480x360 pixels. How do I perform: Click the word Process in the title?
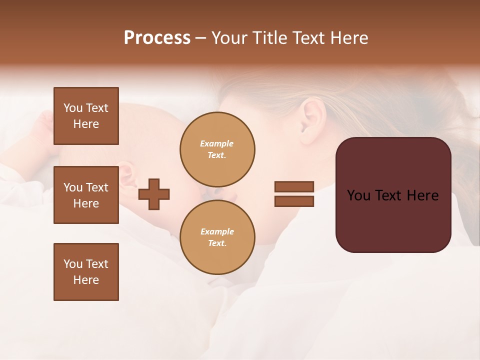[x=157, y=38]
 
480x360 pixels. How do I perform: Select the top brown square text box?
[x=86, y=116]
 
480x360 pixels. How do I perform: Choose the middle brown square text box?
[x=86, y=195]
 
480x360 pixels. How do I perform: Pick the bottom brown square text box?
[x=86, y=272]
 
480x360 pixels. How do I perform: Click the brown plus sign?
[x=154, y=194]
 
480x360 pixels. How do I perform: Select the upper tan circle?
[x=217, y=149]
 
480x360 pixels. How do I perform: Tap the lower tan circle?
[x=217, y=237]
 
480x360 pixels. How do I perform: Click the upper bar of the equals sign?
[x=294, y=186]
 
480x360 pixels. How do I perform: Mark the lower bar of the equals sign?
[x=294, y=201]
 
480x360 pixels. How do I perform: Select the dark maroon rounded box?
[x=393, y=195]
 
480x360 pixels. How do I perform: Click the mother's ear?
[x=313, y=118]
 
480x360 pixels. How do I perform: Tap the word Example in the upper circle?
[x=217, y=143]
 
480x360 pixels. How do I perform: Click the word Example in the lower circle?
[x=217, y=231]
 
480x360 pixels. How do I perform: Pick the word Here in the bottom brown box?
[x=86, y=280]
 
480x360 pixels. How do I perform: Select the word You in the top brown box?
[x=73, y=108]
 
